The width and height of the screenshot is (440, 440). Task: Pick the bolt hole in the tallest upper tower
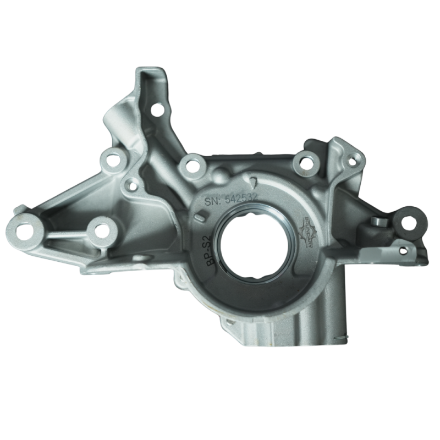(157, 109)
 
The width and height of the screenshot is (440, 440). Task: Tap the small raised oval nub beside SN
(199, 218)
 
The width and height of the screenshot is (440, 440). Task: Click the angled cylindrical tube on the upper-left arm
(118, 118)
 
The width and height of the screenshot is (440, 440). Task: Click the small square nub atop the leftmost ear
(19, 208)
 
